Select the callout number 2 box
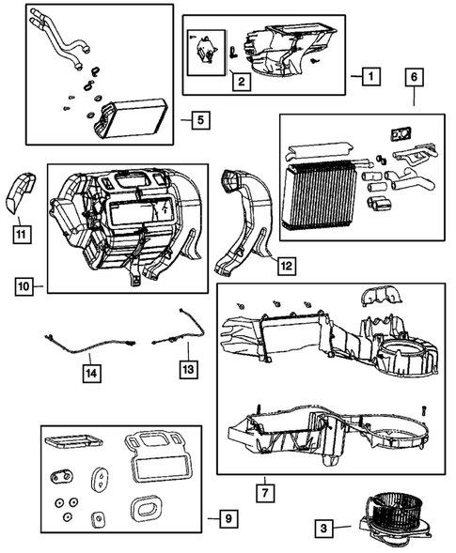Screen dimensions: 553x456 point(242,83)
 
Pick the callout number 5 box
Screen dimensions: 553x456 point(197,120)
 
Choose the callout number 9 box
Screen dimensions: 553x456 point(226,517)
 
